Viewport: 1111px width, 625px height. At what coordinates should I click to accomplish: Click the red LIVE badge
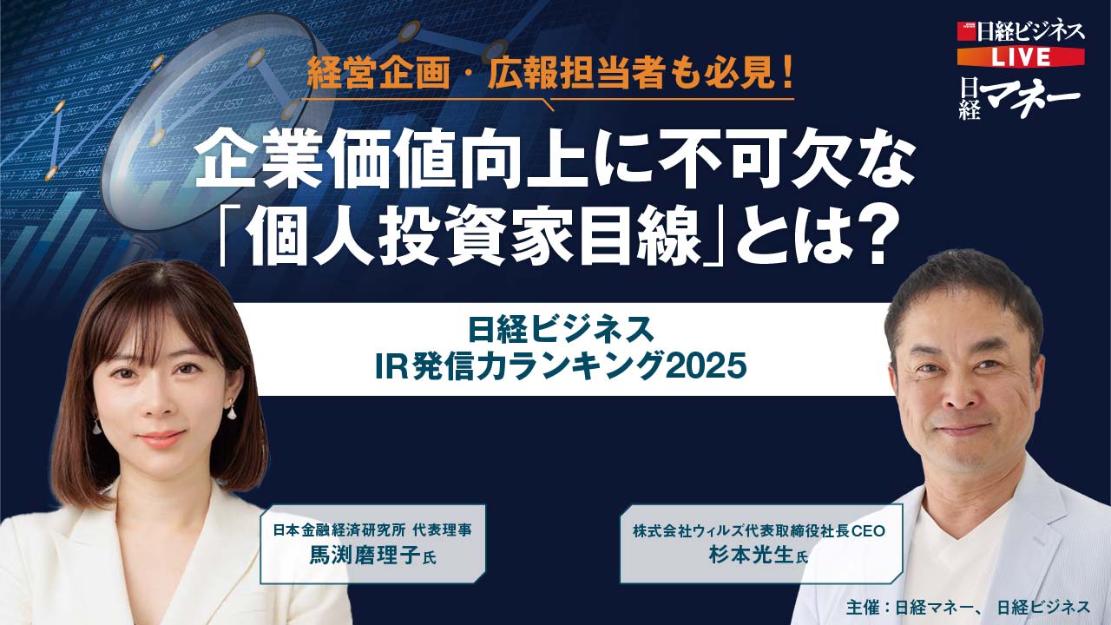[1021, 56]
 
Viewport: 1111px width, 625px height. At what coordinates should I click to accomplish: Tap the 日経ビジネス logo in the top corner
[1022, 32]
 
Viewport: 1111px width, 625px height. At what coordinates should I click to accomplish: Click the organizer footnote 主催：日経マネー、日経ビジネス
[967, 606]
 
